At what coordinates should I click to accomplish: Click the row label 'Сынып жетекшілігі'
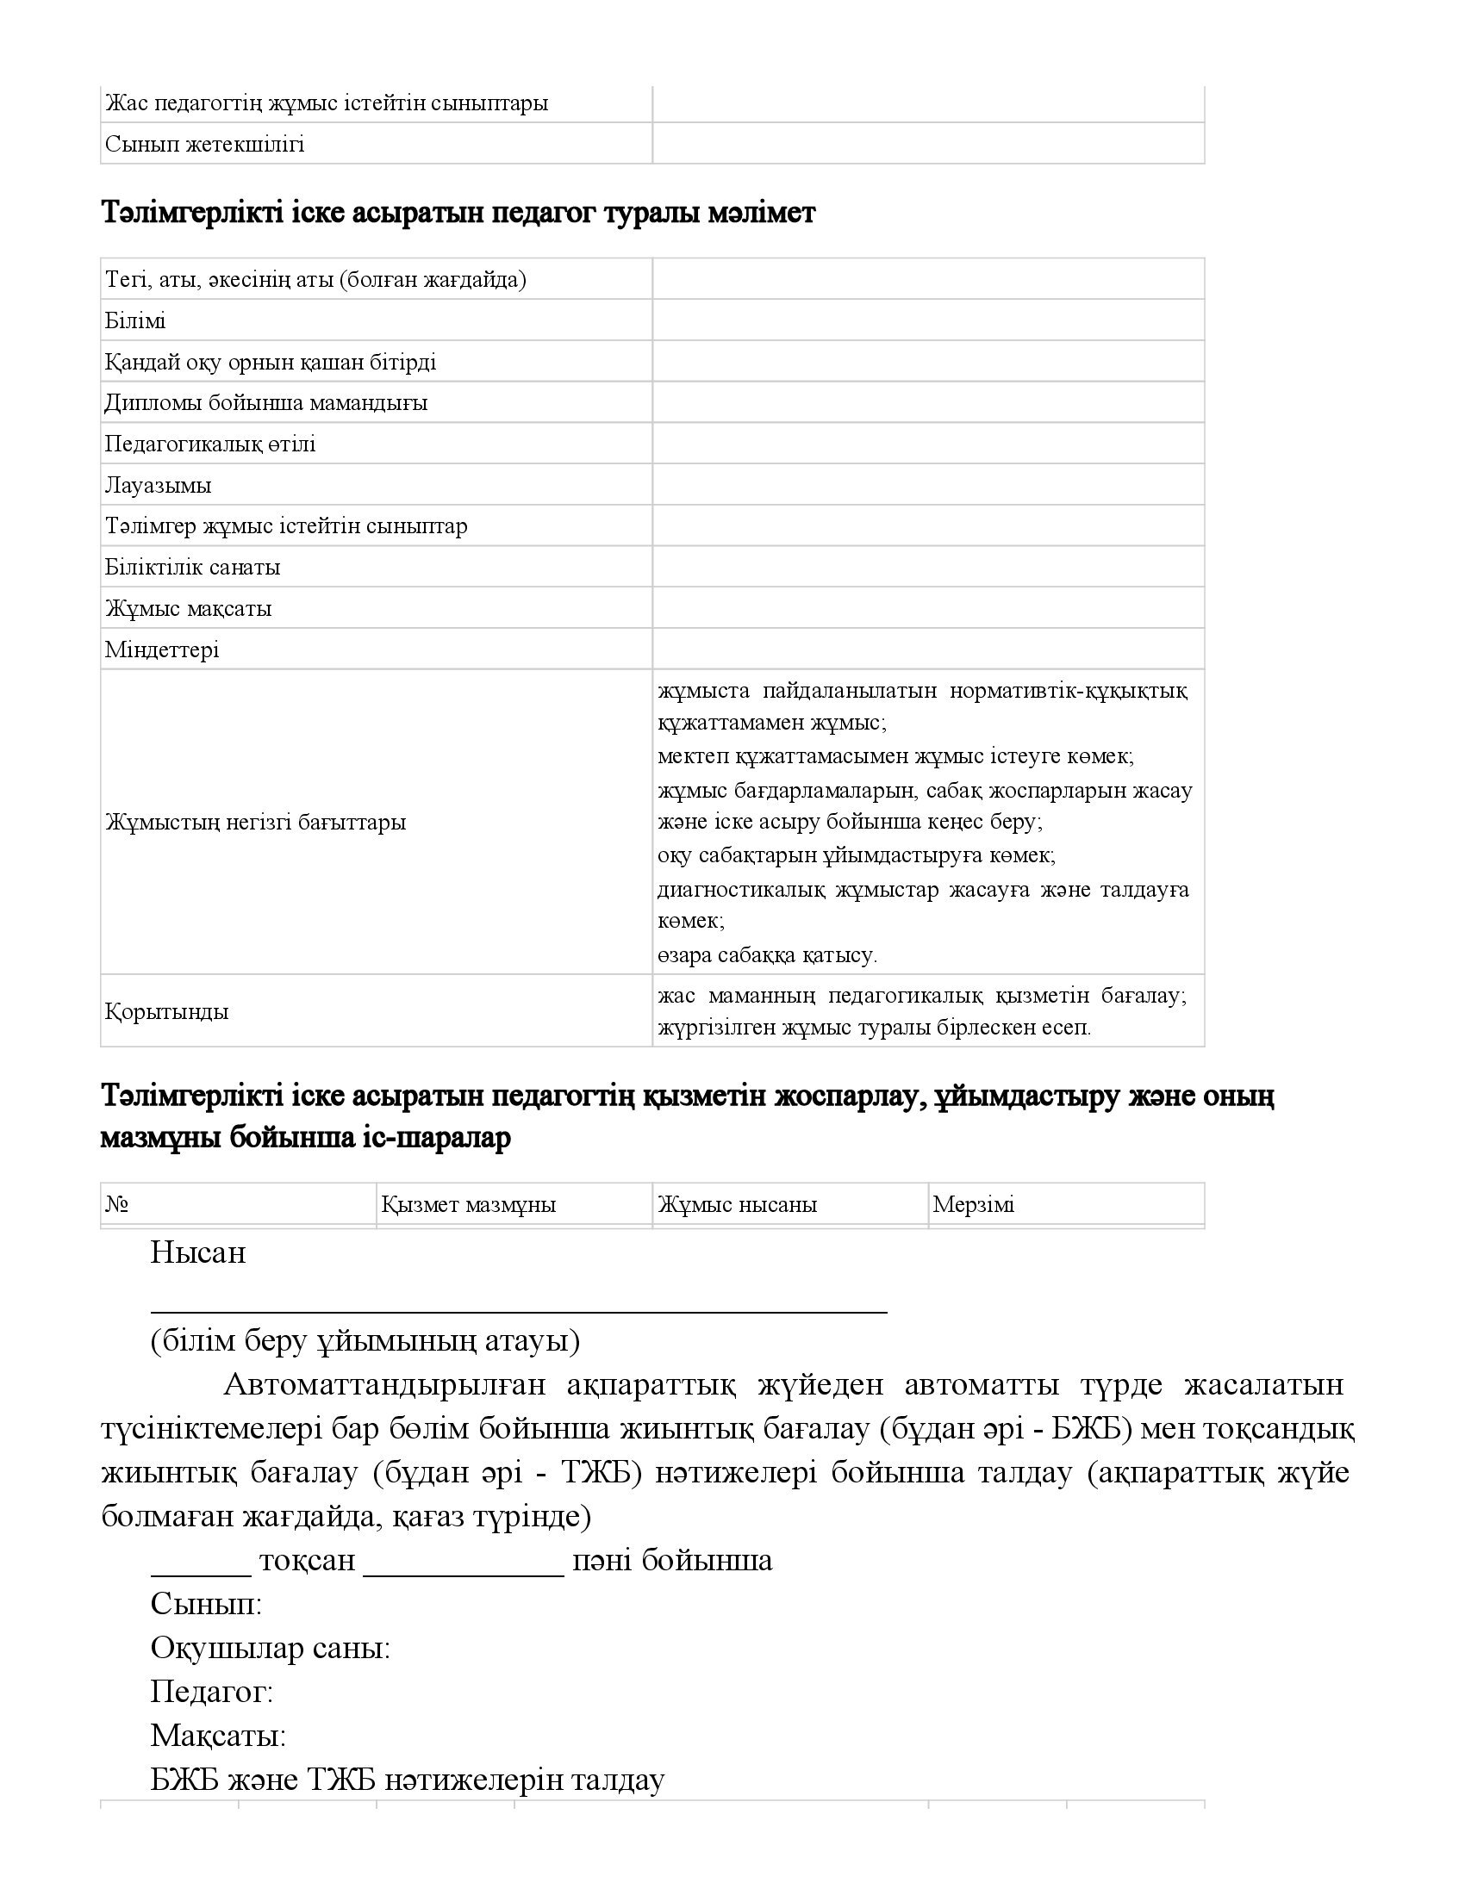(x=205, y=144)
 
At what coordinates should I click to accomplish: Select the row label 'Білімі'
(x=135, y=321)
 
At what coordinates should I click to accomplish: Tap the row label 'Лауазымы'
(x=158, y=485)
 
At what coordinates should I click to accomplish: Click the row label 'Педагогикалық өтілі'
(x=210, y=444)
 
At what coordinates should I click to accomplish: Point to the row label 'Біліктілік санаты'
(x=193, y=568)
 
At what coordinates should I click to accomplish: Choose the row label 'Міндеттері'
(x=162, y=649)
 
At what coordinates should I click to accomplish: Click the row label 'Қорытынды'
(x=166, y=1012)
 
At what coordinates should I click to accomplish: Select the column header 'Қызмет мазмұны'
(x=469, y=1204)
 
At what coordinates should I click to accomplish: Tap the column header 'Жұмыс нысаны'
(x=738, y=1204)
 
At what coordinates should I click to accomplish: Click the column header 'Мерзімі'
(x=974, y=1204)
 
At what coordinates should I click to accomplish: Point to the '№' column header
(x=117, y=1204)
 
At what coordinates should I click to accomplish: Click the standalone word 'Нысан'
(x=198, y=1253)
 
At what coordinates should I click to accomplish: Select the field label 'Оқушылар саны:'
(x=270, y=1648)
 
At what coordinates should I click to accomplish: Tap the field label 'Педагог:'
(x=212, y=1692)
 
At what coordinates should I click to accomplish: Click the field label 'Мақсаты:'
(x=218, y=1737)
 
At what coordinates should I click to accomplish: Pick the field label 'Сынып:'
(x=206, y=1604)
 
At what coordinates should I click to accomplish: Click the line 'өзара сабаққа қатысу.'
(x=767, y=955)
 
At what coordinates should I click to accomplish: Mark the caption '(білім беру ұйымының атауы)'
(x=365, y=1341)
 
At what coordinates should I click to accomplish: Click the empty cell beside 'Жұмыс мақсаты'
(x=928, y=608)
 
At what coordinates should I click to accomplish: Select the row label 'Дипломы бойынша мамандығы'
(x=266, y=403)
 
